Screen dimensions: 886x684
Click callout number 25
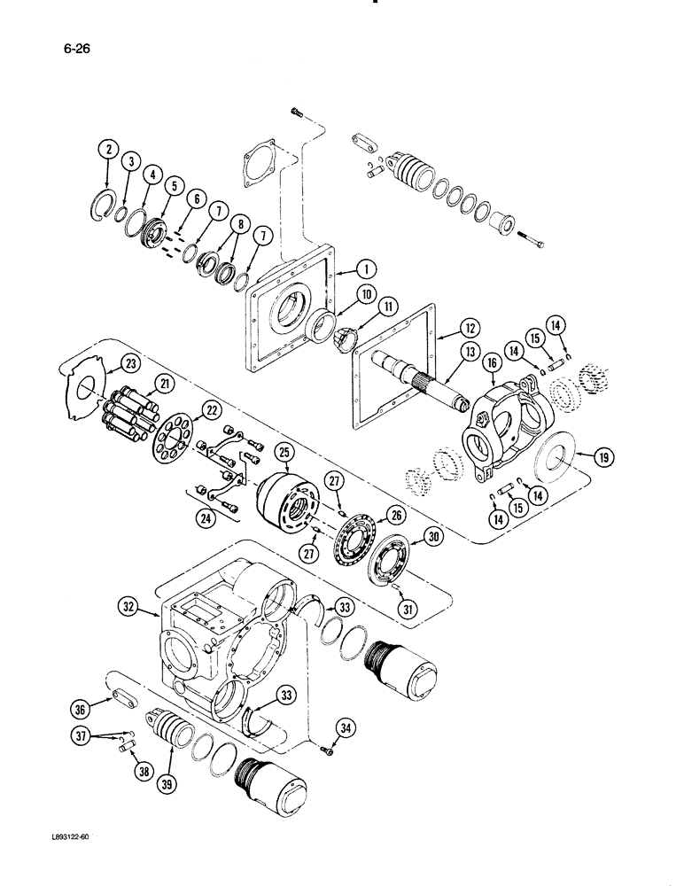[x=284, y=453]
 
